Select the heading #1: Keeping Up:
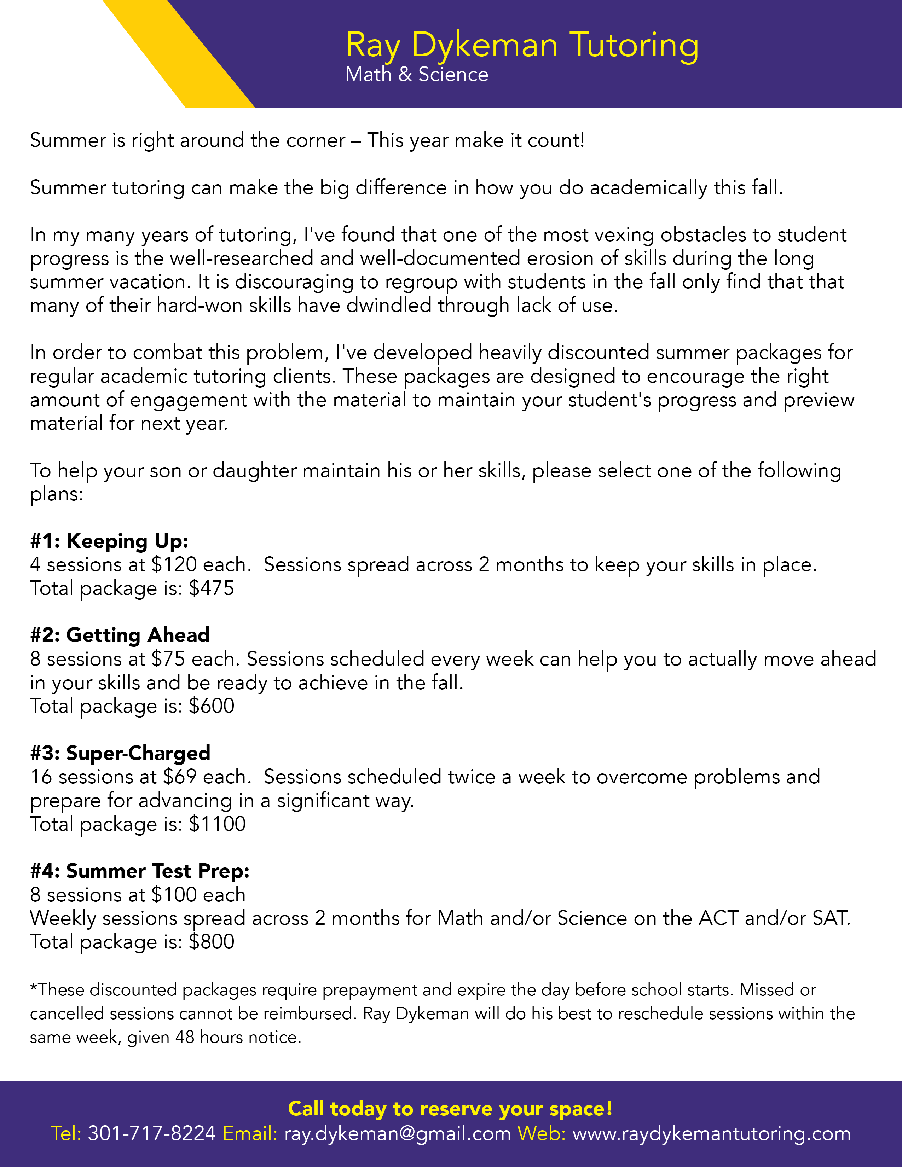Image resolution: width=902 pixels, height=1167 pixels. coord(109,541)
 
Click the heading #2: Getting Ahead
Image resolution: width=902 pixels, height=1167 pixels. coord(120,635)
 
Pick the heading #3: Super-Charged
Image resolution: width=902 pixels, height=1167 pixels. coord(120,753)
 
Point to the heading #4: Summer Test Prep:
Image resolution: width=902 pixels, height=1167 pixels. coord(139,871)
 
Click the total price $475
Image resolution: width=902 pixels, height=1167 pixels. coord(212,588)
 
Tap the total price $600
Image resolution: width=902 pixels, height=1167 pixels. coord(212,707)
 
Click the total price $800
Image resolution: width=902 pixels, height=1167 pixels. coord(212,941)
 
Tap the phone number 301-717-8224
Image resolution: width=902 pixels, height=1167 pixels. coord(152,1133)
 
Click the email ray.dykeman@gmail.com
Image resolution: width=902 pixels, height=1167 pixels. coord(398,1133)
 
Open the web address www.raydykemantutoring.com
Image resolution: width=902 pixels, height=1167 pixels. coord(711,1133)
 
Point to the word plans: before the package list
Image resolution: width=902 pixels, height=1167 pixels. coord(57,494)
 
